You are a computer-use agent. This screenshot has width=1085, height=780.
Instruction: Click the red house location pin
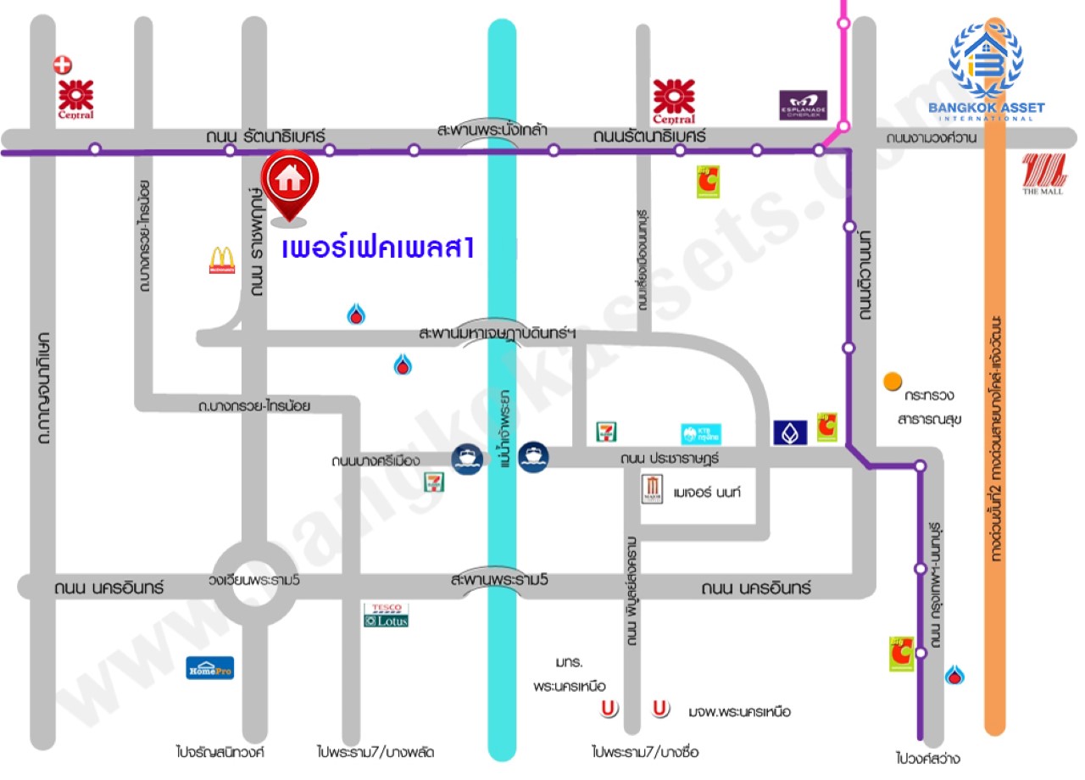(x=289, y=181)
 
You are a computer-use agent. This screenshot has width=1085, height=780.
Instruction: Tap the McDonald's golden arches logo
(x=222, y=259)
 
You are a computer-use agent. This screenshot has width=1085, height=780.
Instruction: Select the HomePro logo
(x=209, y=668)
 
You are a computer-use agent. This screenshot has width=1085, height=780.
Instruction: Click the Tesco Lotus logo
(x=387, y=615)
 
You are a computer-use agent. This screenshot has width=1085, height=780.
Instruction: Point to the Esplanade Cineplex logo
(x=803, y=105)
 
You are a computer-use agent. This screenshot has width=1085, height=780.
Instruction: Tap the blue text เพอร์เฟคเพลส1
(x=377, y=249)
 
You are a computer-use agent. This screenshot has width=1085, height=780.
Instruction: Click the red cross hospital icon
(x=62, y=64)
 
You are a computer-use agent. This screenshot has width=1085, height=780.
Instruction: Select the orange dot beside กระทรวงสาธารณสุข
(x=891, y=382)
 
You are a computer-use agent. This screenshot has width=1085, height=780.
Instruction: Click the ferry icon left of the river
(x=467, y=459)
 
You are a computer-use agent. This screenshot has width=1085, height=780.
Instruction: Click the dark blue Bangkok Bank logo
(x=789, y=432)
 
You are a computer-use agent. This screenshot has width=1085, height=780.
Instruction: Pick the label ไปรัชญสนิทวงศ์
(x=221, y=751)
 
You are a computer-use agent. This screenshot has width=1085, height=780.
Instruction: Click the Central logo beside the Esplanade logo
(x=674, y=101)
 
